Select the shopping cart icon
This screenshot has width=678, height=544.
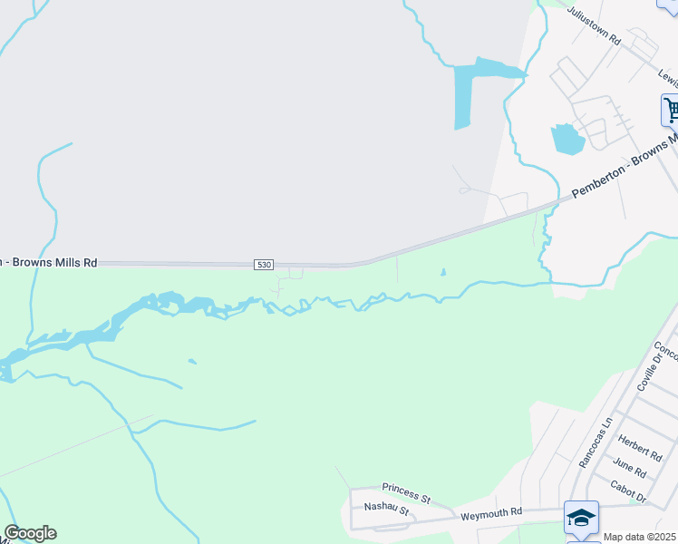point(671,111)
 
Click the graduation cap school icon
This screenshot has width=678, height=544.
point(580,518)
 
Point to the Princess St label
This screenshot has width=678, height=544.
point(405,492)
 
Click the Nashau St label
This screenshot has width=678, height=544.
point(387,511)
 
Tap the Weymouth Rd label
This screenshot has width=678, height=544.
point(491,512)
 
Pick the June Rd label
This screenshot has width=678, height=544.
point(628,468)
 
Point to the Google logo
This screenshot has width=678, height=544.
point(30,533)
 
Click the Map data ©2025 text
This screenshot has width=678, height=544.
point(640,537)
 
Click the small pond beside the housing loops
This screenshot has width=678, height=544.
point(566,139)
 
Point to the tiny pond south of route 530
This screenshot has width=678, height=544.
point(443,272)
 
